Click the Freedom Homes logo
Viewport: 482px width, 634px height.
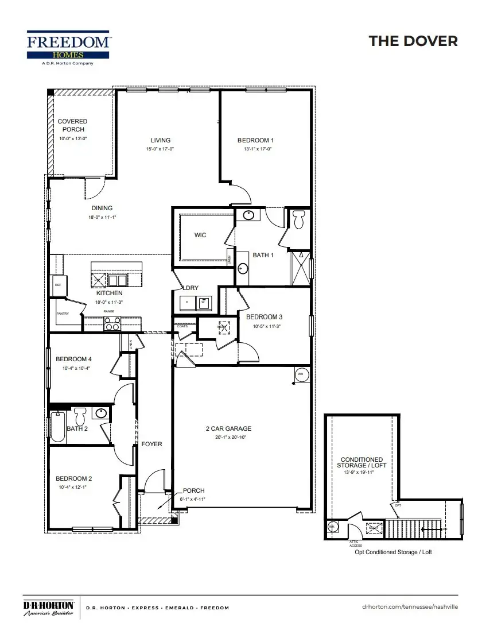coord(68,47)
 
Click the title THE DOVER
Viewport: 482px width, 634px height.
coord(413,41)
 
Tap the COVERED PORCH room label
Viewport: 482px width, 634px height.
coord(73,125)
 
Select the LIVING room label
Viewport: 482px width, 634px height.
coord(161,140)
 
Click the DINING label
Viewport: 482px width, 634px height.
coord(102,208)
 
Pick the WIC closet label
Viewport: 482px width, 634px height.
coord(200,235)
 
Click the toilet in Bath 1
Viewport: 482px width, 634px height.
coord(298,219)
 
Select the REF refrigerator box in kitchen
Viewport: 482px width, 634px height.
coord(58,285)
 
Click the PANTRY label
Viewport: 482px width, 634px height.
coord(63,314)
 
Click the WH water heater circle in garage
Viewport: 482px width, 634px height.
coord(300,373)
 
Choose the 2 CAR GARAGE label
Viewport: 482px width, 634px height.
coord(228,428)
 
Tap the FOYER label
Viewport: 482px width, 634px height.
coord(152,444)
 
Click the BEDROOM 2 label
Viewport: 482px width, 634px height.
coord(74,478)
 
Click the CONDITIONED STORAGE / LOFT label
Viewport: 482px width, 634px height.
coord(361,462)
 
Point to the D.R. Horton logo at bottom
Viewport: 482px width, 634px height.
coord(48,608)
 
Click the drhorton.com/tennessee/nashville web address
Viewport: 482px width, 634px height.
coord(411,607)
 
